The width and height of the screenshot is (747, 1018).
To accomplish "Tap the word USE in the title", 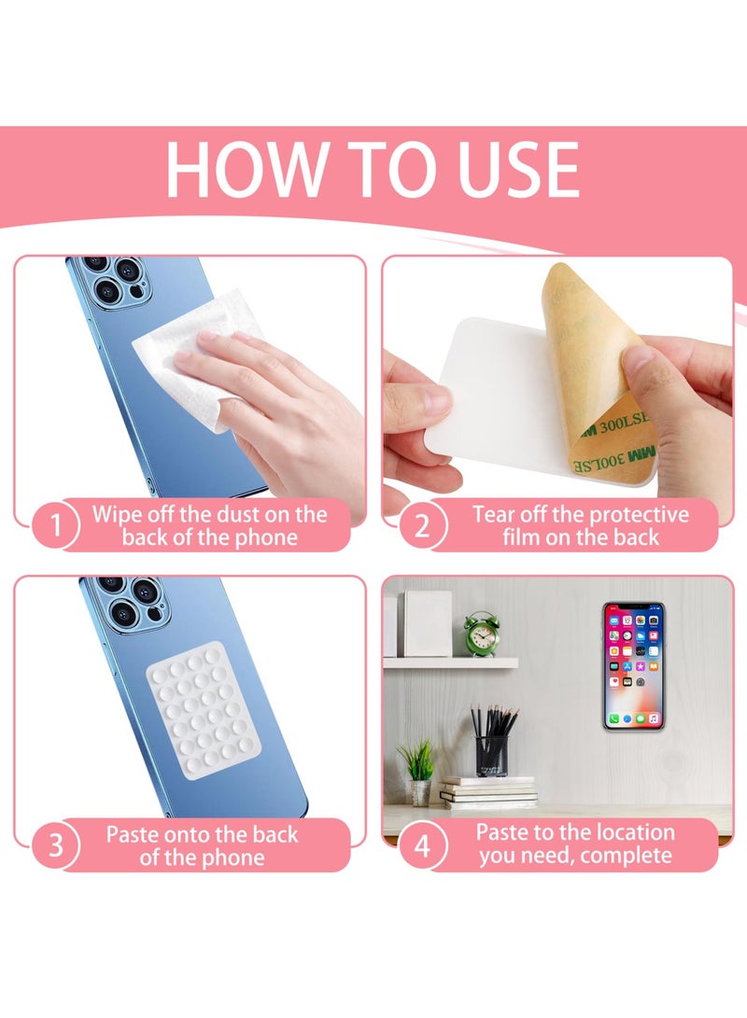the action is point(519,169).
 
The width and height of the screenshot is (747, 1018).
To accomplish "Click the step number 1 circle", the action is point(56,524).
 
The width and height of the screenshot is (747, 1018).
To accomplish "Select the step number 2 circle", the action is point(422,524).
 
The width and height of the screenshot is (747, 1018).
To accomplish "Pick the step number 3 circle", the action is point(56,844).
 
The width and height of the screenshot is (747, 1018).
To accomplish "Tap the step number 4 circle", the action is point(422,844).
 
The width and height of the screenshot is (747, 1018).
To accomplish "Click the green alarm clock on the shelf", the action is point(481,634).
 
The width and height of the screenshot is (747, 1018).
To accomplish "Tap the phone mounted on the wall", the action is point(633,666).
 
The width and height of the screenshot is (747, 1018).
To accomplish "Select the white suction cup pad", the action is point(204,710).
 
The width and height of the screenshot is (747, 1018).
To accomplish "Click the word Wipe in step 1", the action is point(117,515).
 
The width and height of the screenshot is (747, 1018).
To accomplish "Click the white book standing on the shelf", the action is point(427,623).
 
